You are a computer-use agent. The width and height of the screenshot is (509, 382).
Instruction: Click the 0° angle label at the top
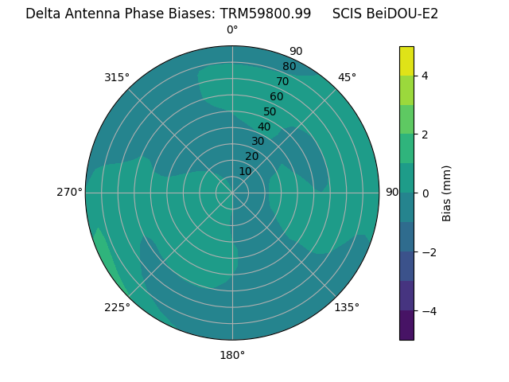[232, 30]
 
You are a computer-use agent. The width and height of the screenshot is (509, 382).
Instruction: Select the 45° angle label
[347, 77]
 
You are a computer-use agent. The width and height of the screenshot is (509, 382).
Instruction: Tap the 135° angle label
[347, 307]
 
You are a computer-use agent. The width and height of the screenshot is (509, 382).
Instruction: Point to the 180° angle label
[232, 355]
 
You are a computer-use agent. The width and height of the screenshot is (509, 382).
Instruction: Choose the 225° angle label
[117, 307]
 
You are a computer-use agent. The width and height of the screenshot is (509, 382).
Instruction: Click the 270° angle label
[69, 192]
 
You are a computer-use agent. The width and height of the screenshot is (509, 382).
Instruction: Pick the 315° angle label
[117, 77]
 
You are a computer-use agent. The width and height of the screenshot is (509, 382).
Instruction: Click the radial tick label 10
[245, 171]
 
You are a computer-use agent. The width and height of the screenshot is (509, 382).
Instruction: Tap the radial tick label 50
[270, 111]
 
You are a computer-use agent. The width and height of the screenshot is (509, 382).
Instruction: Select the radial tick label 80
[289, 67]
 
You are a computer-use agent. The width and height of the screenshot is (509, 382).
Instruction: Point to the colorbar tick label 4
[425, 76]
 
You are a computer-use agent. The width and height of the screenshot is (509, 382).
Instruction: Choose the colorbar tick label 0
[425, 193]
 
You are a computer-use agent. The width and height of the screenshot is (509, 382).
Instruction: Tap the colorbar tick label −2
[427, 252]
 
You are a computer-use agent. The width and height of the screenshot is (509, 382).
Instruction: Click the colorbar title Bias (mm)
[447, 193]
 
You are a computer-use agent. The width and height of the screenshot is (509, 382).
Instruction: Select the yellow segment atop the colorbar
[406, 60]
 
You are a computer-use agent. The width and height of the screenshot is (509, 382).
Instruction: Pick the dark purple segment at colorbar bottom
[406, 325]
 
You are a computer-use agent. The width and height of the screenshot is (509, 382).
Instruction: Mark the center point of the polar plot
[232, 193]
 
